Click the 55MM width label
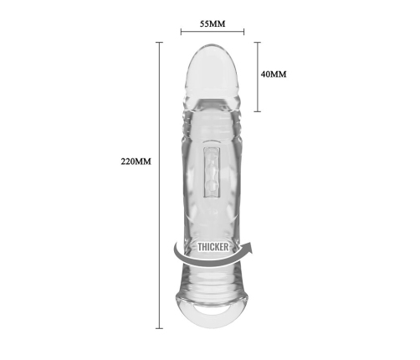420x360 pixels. [x=213, y=24]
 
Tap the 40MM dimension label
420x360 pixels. [x=274, y=75]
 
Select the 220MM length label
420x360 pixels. [x=136, y=162]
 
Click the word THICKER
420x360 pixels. [x=213, y=247]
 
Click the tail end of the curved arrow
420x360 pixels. [x=176, y=244]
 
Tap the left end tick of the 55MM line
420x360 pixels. [x=181, y=32]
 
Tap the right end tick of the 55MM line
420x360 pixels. [x=244, y=32]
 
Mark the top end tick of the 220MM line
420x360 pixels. [x=159, y=42]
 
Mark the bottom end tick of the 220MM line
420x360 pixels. [x=159, y=328]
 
